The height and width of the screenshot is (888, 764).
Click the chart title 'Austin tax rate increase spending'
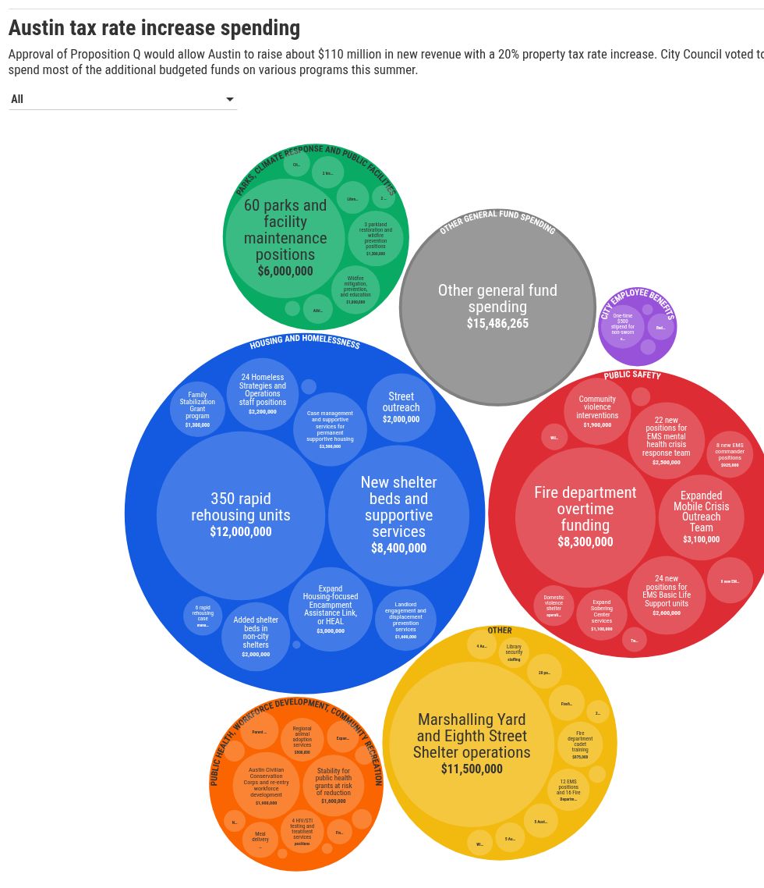pos(154,28)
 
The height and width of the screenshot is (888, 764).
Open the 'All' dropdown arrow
pos(229,99)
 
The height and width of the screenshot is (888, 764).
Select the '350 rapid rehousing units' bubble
pos(241,515)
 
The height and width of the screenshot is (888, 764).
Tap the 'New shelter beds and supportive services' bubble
pos(398,515)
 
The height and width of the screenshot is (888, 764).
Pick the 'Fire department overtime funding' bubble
pos(585,517)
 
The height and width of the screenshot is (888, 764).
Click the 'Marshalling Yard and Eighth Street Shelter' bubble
pos(472,744)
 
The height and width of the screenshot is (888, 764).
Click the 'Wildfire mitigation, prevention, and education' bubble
pos(355,289)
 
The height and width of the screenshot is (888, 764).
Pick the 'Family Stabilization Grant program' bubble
pos(197,410)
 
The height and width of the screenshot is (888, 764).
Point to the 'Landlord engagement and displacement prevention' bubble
pos(405,620)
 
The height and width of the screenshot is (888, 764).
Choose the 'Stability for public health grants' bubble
pos(334,785)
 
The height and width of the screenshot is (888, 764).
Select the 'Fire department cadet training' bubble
pos(580,744)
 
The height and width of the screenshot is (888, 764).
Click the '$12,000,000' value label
pos(241,532)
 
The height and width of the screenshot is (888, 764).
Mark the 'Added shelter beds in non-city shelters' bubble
pos(256,637)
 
